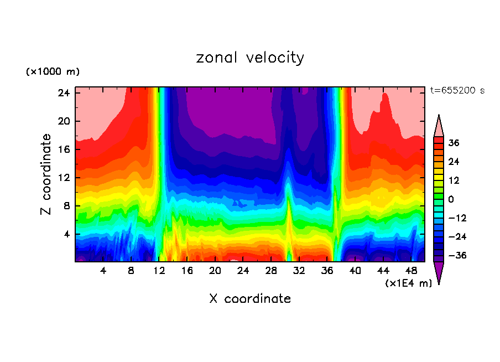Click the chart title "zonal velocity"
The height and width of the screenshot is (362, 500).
click(x=250, y=58)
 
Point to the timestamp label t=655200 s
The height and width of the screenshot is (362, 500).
click(x=457, y=90)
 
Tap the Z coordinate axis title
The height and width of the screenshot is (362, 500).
click(x=46, y=174)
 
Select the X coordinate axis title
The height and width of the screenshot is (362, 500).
click(x=250, y=299)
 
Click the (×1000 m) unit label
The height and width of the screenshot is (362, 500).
click(x=53, y=72)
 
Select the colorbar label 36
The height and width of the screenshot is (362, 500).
click(x=454, y=143)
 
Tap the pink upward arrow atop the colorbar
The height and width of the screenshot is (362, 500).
click(x=439, y=126)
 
